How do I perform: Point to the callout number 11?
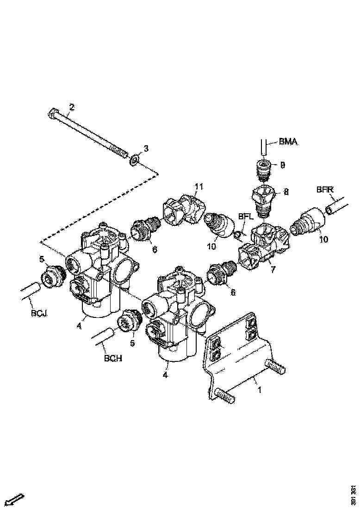199,186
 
